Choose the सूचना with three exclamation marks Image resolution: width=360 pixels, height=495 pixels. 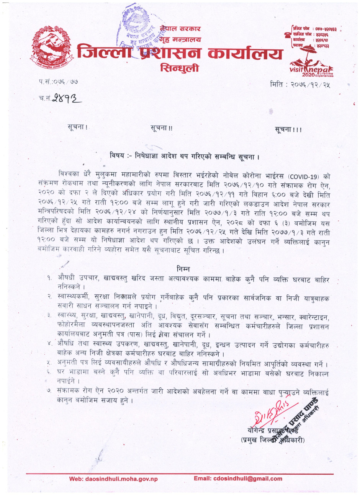(288, 130)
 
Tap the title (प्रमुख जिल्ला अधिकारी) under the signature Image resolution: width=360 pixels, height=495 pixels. (273, 440)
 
